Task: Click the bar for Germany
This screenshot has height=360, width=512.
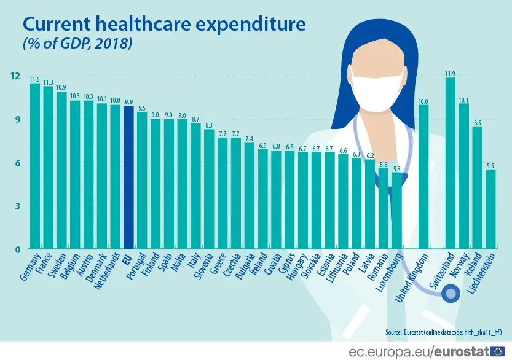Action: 35,166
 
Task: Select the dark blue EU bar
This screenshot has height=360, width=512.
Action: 128,178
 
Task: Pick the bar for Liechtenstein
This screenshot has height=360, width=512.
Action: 490,209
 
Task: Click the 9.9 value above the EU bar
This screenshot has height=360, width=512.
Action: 128,102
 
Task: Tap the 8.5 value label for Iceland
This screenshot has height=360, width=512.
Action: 477,122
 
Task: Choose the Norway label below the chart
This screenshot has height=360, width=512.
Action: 461,264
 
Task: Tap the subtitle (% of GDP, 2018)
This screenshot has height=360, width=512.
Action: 77,45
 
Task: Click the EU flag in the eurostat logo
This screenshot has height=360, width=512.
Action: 497,352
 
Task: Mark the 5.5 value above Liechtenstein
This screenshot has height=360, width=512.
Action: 490,165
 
